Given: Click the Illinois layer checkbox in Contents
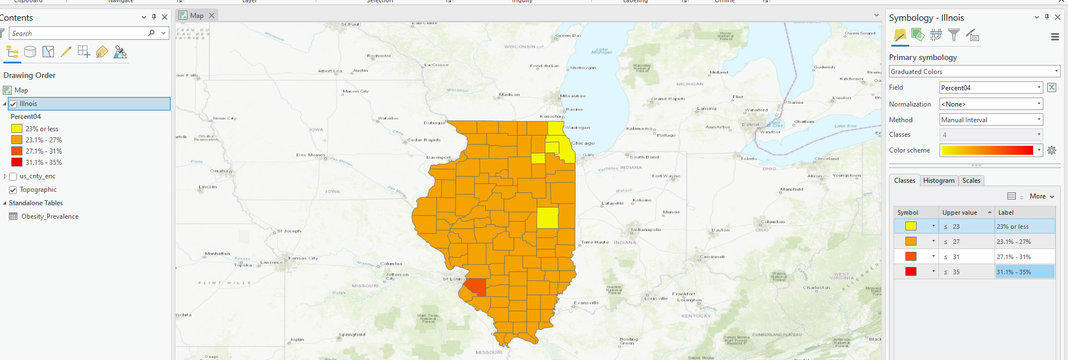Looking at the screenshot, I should pyautogui.click(x=13, y=104).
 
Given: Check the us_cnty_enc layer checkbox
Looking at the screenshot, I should pyautogui.click(x=13, y=176).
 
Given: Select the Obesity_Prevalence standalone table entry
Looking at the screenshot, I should pyautogui.click(x=49, y=216).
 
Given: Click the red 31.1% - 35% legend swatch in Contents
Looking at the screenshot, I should pyautogui.click(x=17, y=163).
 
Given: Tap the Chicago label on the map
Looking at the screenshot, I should pyautogui.click(x=583, y=143).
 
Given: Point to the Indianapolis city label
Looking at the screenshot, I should pyautogui.click(x=646, y=229).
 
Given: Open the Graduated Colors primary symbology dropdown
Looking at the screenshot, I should pyautogui.click(x=974, y=72).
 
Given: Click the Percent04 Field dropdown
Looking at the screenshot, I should pyautogui.click(x=991, y=88).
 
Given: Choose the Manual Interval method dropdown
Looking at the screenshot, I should pyautogui.click(x=991, y=120).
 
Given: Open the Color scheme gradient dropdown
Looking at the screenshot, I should pyautogui.click(x=991, y=150).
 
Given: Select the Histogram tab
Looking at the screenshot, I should pyautogui.click(x=938, y=181).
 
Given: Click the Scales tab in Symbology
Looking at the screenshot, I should pyautogui.click(x=971, y=181).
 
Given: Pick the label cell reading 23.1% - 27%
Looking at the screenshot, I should pyautogui.click(x=1024, y=242).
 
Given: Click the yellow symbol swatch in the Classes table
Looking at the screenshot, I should pyautogui.click(x=911, y=227).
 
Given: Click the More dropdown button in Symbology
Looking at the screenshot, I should pyautogui.click(x=1042, y=196).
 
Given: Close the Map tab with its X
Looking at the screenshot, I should pyautogui.click(x=212, y=15).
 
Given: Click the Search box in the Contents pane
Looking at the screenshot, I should pyautogui.click(x=79, y=34).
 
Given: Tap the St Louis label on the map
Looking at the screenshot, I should pyautogui.click(x=453, y=279).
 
